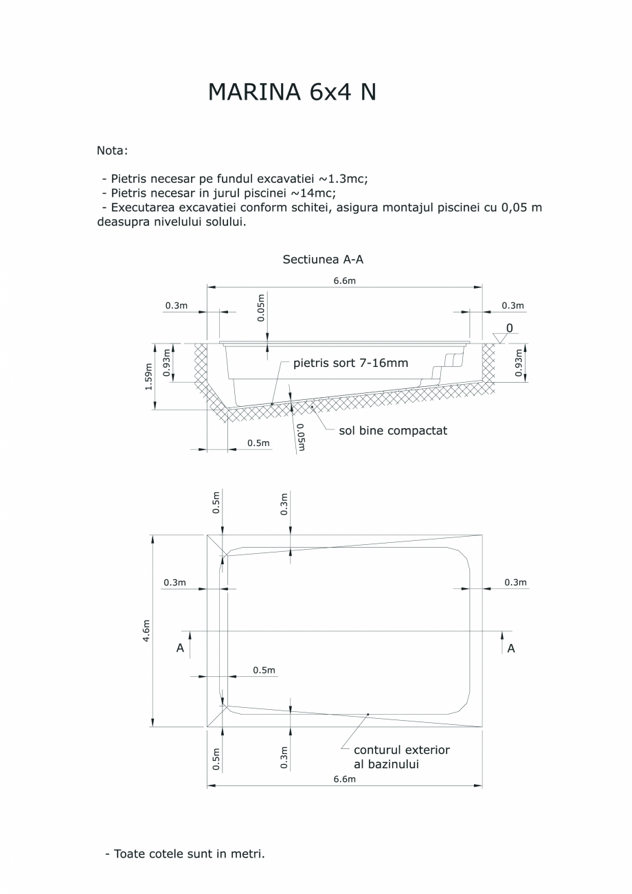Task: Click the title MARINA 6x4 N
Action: click(x=292, y=93)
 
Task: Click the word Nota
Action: click(x=113, y=150)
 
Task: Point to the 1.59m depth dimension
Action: click(x=148, y=377)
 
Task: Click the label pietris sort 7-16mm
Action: click(x=350, y=363)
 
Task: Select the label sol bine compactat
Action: click(x=393, y=431)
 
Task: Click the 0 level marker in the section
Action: click(x=509, y=328)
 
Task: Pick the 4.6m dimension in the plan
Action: click(x=146, y=630)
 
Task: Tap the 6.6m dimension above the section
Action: click(x=344, y=280)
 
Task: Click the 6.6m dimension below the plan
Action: click(x=344, y=779)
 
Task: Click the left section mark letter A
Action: click(x=180, y=648)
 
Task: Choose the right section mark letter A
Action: click(x=511, y=648)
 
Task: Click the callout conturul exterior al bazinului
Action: click(x=401, y=757)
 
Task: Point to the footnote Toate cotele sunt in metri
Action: click(x=185, y=854)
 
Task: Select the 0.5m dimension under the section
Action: click(x=258, y=443)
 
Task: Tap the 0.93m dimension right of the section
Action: click(x=519, y=361)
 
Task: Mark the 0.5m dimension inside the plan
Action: click(x=264, y=670)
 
